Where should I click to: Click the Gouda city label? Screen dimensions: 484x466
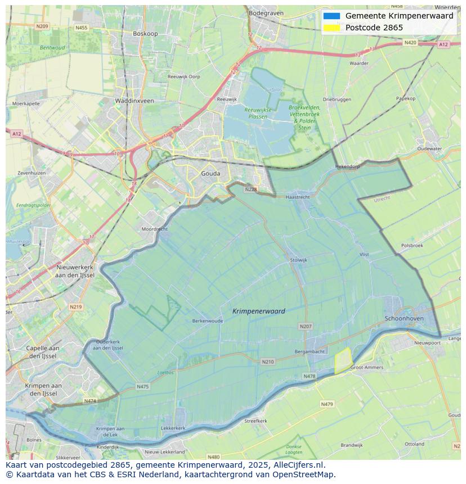pos(210,174)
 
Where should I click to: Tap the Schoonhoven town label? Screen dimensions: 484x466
pos(404,318)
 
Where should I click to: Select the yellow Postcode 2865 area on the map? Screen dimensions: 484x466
pos(342,360)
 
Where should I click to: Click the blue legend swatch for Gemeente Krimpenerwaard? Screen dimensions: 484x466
pos(332,16)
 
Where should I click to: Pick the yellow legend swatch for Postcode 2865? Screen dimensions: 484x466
pos(332,28)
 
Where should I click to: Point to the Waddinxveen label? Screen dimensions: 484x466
pos(134,101)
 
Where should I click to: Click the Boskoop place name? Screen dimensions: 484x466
pos(145,34)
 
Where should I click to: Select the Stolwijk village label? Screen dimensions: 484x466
pos(298,260)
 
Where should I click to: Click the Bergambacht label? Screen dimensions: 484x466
pos(310,351)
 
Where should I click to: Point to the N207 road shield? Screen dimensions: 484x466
pos(305,326)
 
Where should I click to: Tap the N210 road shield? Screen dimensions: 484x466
pos(268,361)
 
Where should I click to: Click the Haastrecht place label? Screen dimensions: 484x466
pos(298,197)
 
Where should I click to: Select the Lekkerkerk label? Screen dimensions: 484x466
pos(173,428)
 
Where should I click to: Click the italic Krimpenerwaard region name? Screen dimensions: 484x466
pos(258,311)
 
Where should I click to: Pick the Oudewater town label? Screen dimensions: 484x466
pos(429,149)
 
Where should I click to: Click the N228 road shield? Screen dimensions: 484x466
pos(250,189)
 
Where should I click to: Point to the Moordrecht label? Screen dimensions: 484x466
pos(154,229)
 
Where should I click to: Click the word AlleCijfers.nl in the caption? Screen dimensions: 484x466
pos(297,465)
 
